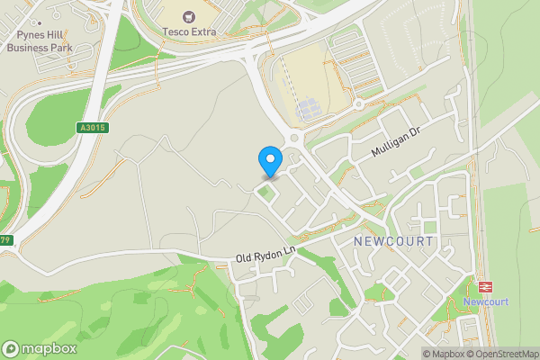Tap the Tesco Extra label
pos(190,31)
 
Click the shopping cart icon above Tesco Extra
pos(190,15)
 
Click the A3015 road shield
pos(92,128)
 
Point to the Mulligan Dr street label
pos(397,142)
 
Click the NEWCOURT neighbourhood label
pos(393,242)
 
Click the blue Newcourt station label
pos(487,301)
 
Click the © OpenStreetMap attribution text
pos(503,354)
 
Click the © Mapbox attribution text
pos(444,354)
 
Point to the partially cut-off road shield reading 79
pos(5,240)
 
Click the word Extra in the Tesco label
pos(203,31)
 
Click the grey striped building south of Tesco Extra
pos(308,109)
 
